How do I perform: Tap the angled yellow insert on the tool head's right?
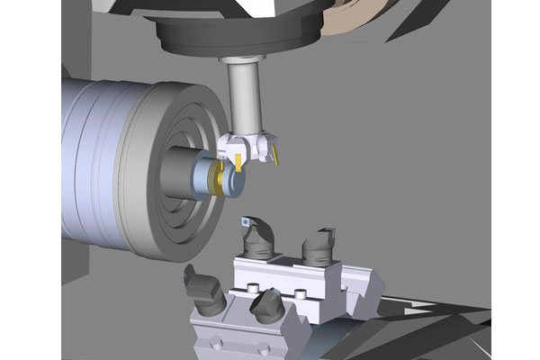pos(278,158)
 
